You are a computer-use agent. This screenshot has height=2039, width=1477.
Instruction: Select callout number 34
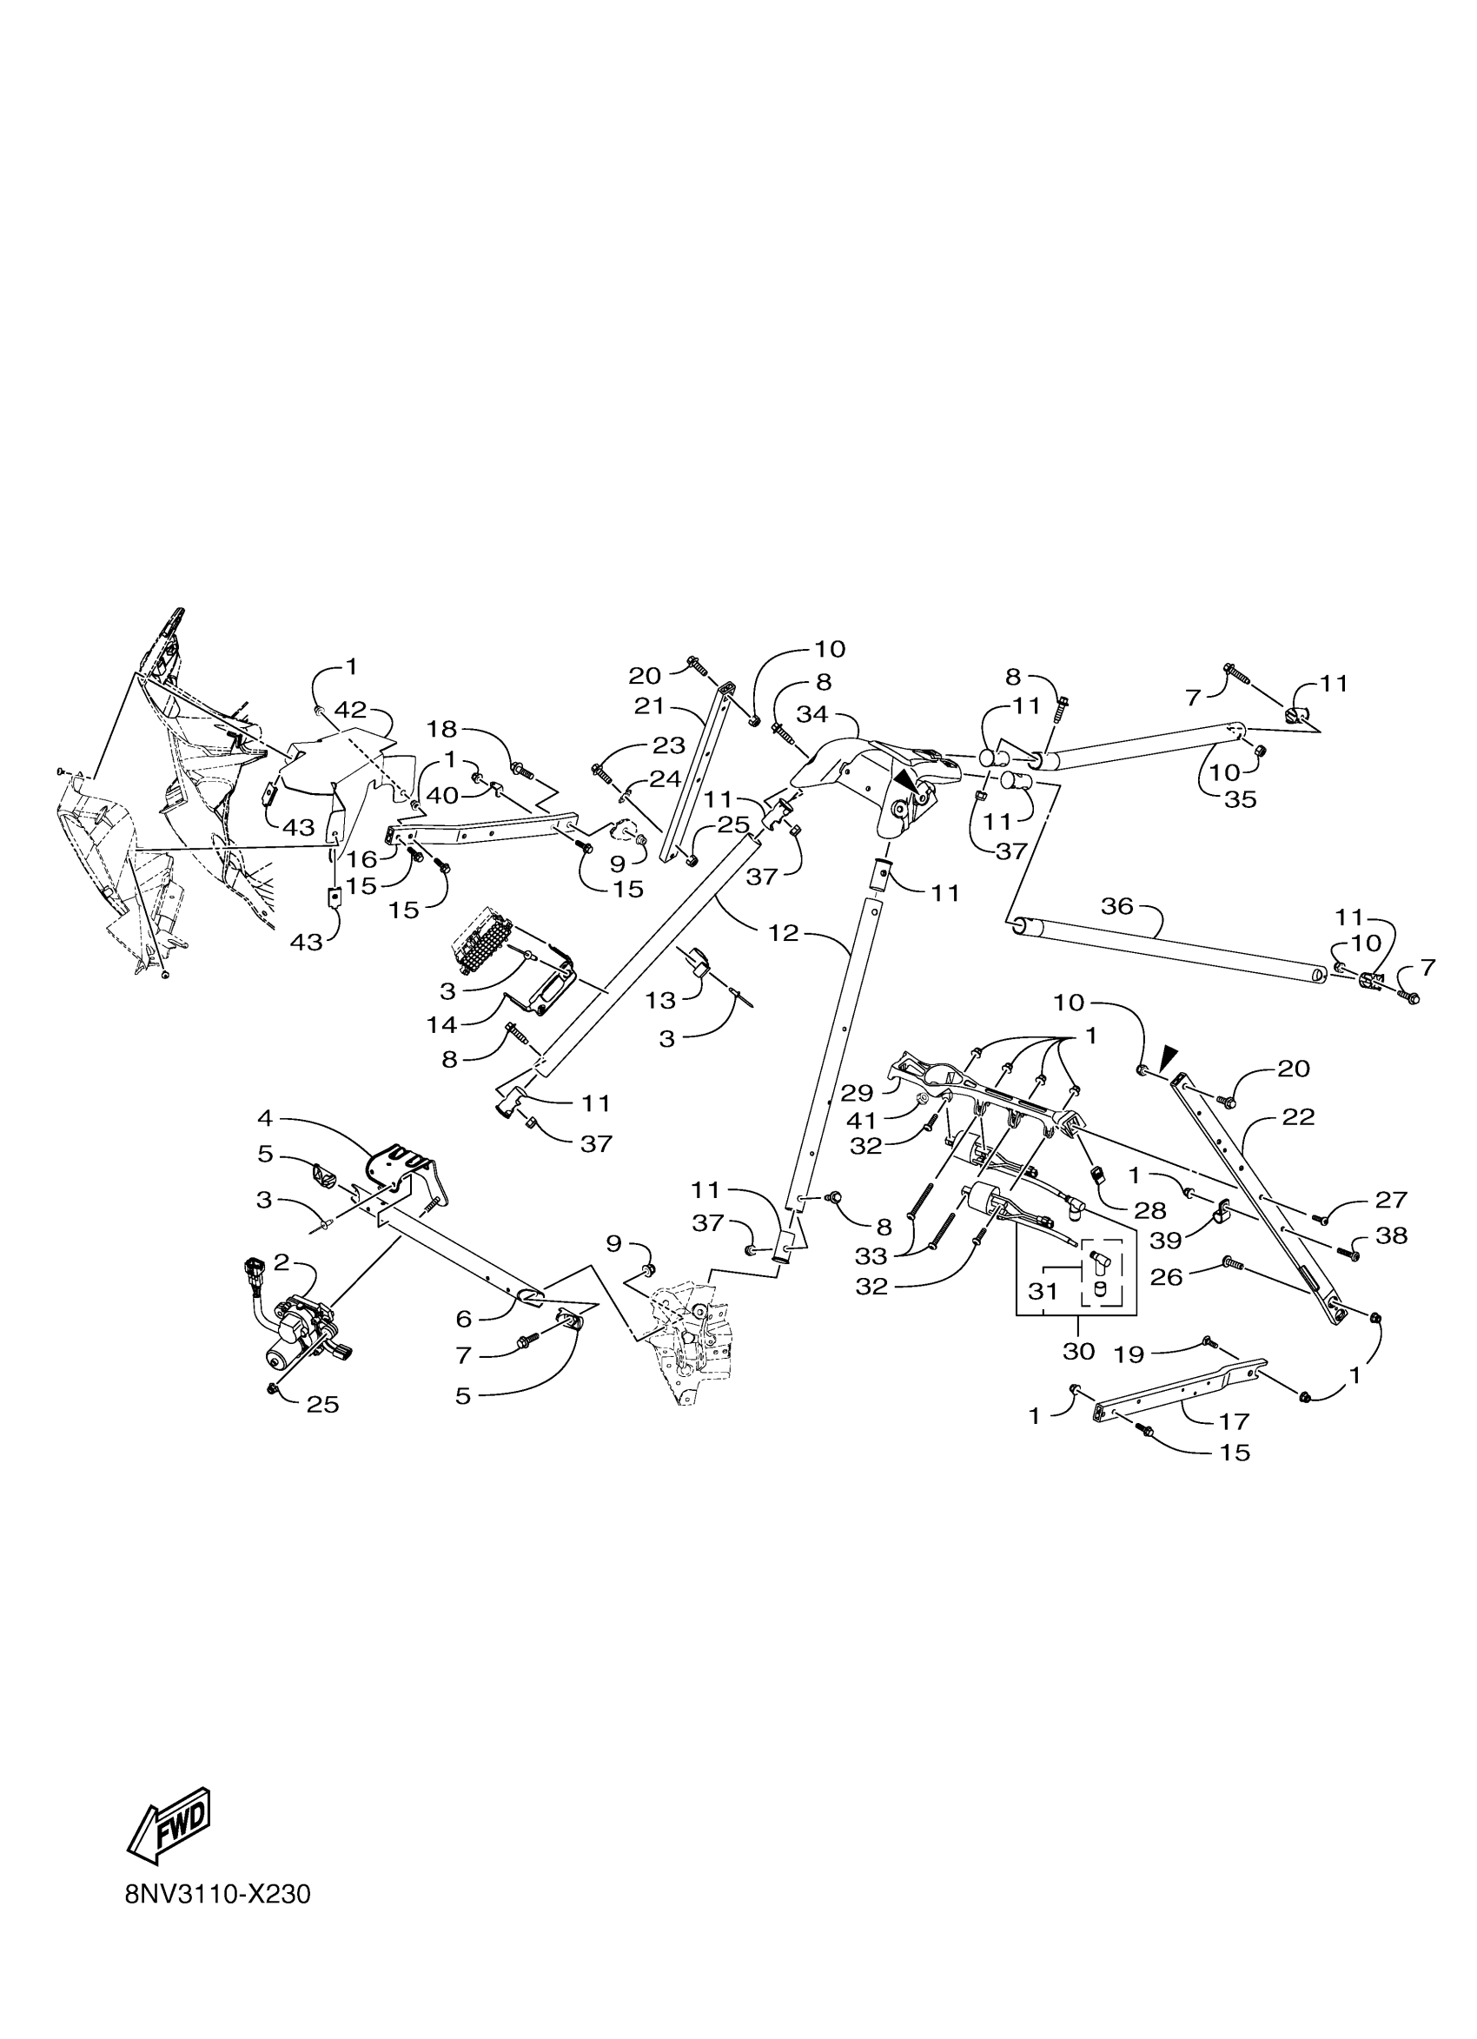[811, 714]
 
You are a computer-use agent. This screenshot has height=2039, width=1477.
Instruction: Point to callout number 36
[1116, 905]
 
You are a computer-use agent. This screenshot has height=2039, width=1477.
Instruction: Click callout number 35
[1241, 798]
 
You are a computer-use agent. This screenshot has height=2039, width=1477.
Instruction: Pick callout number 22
[1298, 1117]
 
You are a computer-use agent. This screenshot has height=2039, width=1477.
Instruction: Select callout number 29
[857, 1093]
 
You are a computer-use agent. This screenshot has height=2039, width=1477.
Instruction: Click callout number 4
[264, 1119]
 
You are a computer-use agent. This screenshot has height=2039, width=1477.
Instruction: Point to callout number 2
[281, 1263]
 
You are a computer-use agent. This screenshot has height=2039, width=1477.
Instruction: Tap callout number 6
[463, 1319]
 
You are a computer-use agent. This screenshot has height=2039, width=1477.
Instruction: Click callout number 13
[660, 1000]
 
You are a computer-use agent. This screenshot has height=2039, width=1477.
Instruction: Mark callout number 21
[649, 706]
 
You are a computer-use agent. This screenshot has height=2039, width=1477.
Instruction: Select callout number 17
[1235, 1420]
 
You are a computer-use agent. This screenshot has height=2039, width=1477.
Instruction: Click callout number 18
[442, 728]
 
